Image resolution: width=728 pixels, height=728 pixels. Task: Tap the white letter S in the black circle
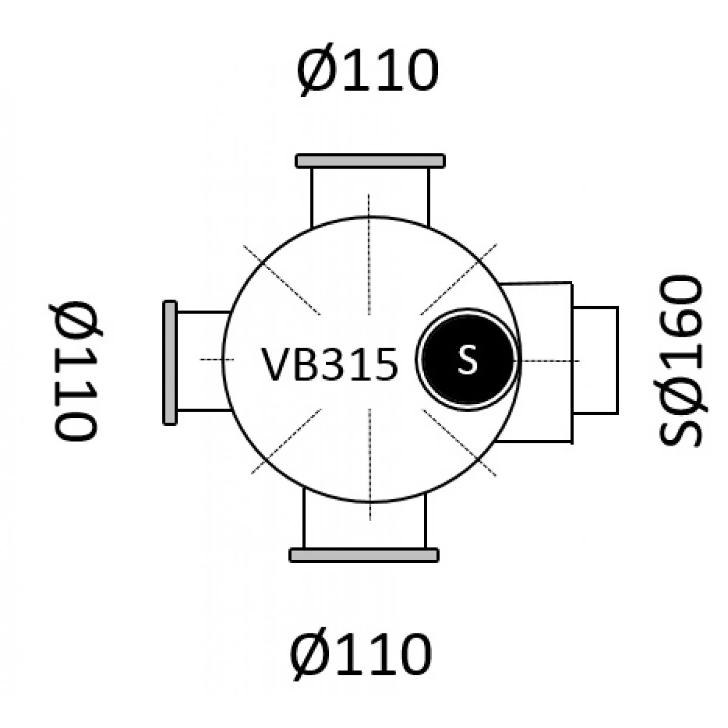(x=467, y=359)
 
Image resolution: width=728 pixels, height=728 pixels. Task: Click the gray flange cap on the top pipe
(x=370, y=161)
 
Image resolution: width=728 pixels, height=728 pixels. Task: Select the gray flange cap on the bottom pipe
(x=364, y=555)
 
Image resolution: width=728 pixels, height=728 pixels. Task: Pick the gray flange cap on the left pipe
(x=170, y=363)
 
